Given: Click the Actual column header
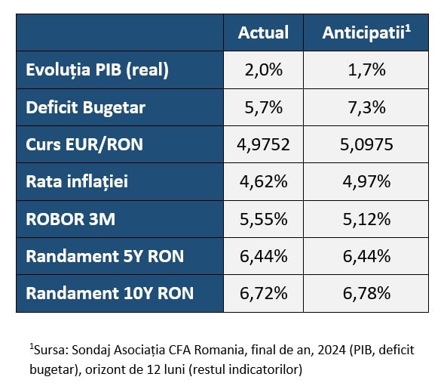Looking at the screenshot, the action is (x=263, y=32).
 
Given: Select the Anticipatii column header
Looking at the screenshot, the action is (x=366, y=32).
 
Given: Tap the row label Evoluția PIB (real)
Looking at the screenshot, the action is (x=97, y=70).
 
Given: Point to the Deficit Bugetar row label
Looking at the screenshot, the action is (x=85, y=107).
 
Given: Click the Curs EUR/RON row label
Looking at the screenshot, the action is (x=84, y=144).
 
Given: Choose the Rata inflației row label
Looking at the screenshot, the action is (x=77, y=182).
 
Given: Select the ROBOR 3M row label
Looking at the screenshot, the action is (x=70, y=219).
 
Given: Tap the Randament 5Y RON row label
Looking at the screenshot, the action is (x=105, y=256).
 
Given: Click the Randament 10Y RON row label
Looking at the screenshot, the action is (x=110, y=293).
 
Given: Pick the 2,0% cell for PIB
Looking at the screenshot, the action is (x=264, y=70).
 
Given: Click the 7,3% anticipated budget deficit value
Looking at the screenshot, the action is (x=366, y=107).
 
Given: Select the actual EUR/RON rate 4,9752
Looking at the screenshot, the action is (x=263, y=144).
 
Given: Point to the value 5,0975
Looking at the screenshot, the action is (x=366, y=144).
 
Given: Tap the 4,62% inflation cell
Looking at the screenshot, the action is (x=264, y=182).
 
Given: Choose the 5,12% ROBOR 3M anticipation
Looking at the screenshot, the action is (x=366, y=219).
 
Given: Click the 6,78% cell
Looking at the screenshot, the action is (x=366, y=293).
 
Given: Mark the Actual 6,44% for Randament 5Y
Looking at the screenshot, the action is (x=264, y=256).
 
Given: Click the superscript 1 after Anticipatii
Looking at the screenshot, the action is (x=408, y=29).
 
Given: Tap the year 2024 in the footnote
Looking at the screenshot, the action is (x=332, y=350).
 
